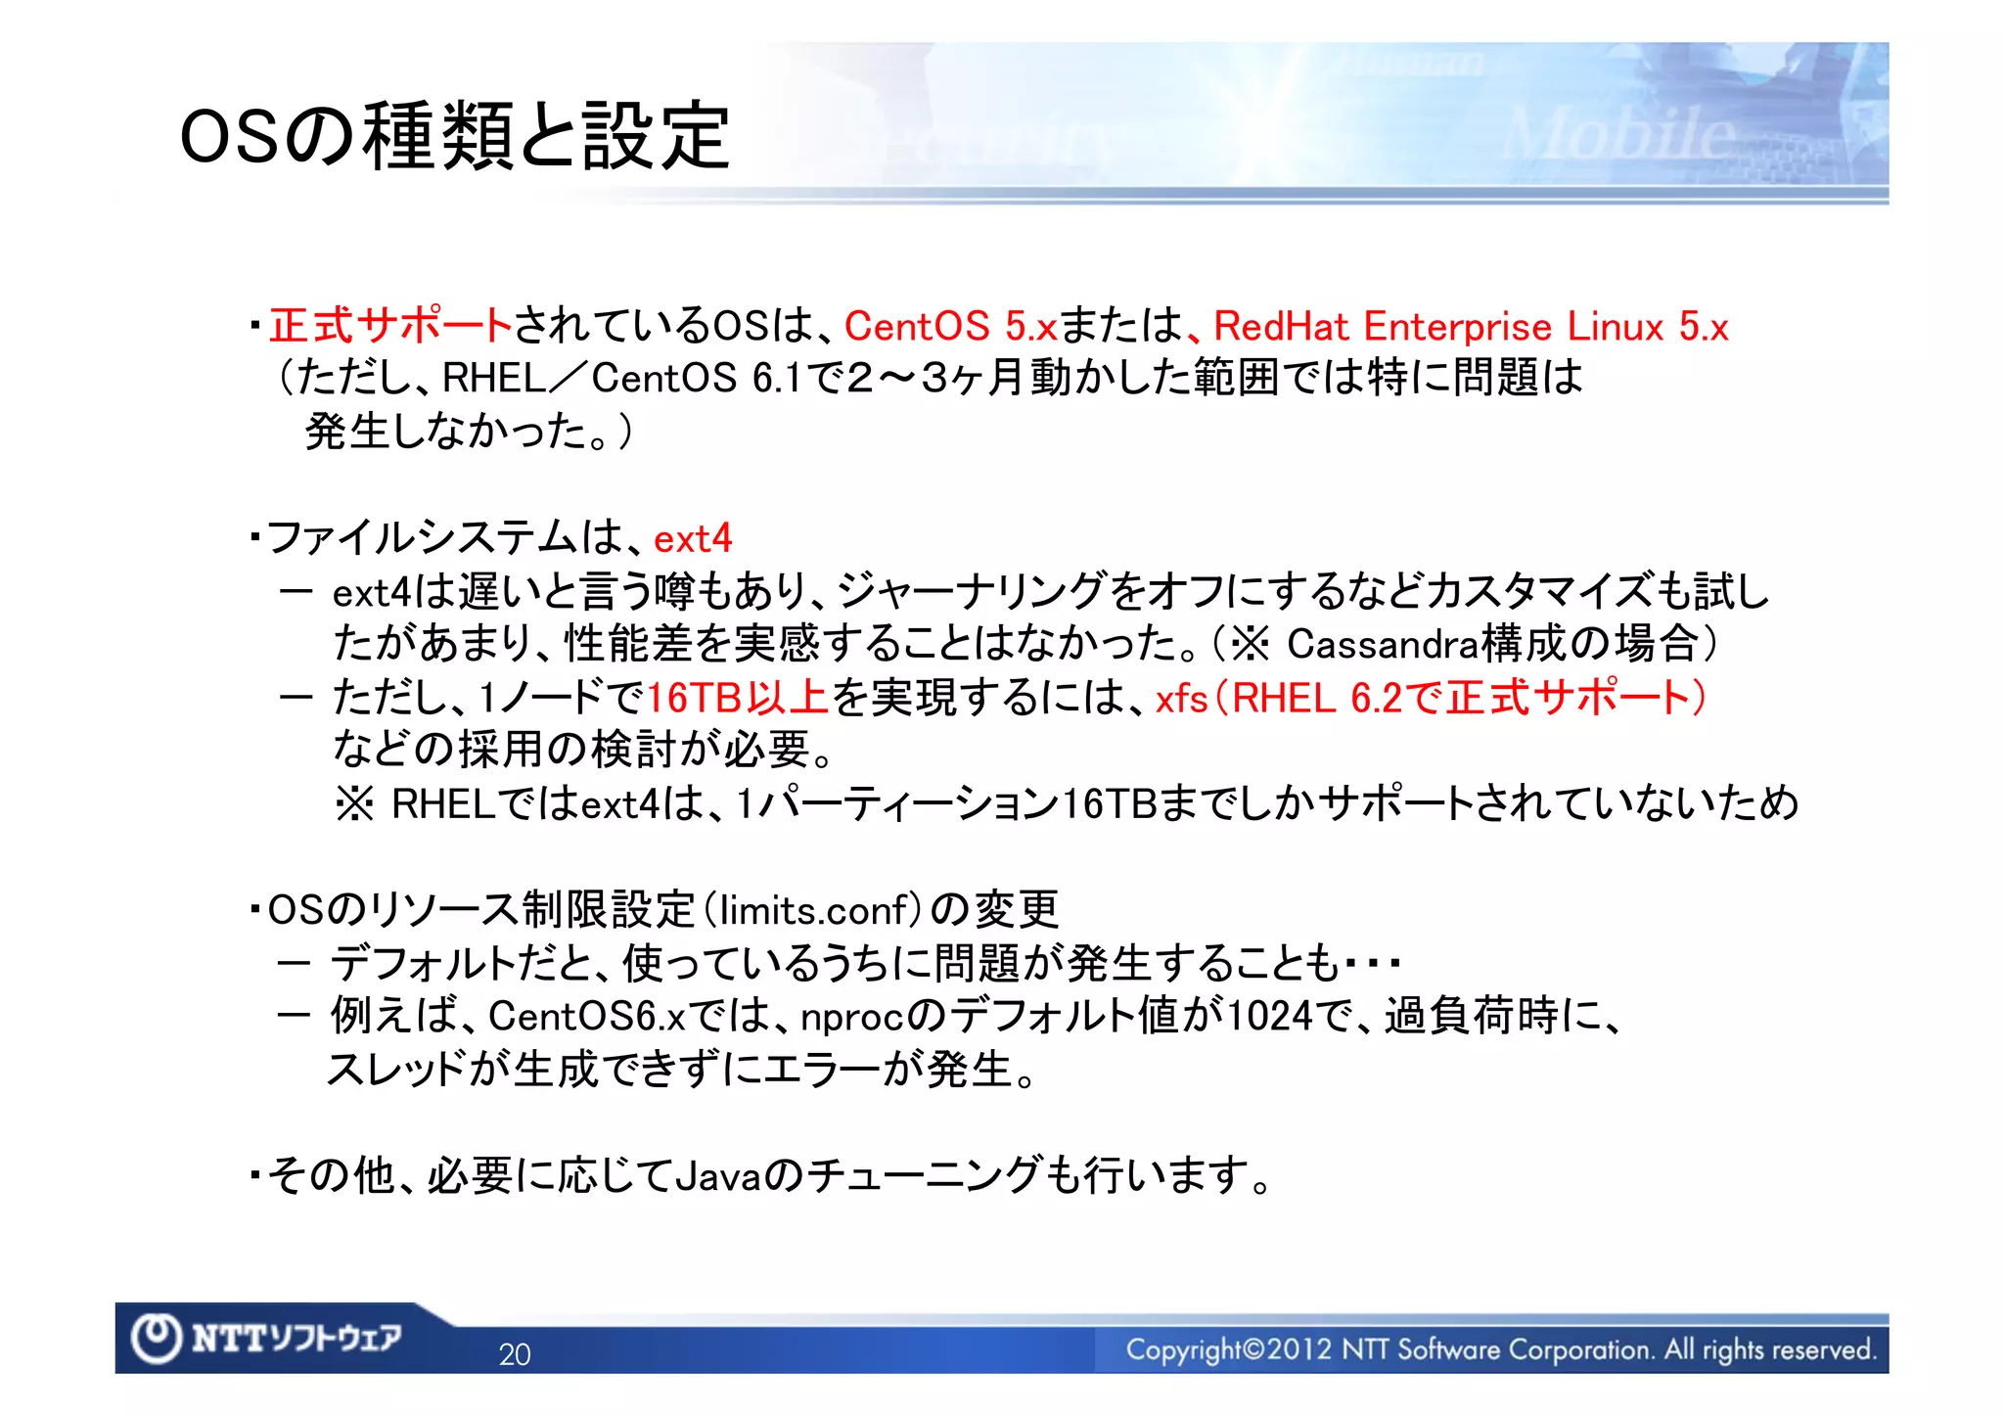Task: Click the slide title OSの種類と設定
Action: point(455,136)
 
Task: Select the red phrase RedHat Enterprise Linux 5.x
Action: point(1471,326)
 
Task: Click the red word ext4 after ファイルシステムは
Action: point(693,538)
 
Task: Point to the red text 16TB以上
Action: point(738,698)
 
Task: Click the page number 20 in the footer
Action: point(515,1354)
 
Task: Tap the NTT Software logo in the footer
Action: point(267,1338)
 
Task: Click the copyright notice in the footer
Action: point(1500,1349)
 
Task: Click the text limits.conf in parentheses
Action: point(814,910)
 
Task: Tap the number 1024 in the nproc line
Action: point(1269,1017)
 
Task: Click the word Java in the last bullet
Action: point(717,1175)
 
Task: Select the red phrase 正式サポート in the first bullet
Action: point(390,326)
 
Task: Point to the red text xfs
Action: point(1181,699)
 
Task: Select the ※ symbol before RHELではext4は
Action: point(354,804)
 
